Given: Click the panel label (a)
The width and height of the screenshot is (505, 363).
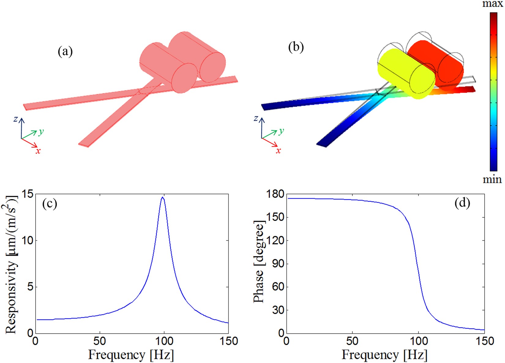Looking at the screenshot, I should click(x=65, y=52).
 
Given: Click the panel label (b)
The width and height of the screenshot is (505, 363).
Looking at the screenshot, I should click(x=296, y=47).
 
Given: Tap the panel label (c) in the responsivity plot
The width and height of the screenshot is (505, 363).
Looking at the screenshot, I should click(x=50, y=204).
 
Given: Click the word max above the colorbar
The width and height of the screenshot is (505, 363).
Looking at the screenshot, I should click(x=492, y=4).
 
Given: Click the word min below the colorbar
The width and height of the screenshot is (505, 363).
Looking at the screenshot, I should click(x=492, y=179).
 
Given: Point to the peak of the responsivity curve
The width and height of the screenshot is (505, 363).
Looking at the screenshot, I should click(x=163, y=198).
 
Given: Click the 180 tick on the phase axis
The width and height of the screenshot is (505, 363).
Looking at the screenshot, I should click(x=275, y=194).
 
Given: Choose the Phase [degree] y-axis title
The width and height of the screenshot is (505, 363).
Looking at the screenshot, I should click(x=259, y=262).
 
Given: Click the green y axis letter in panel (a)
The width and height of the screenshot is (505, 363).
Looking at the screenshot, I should click(x=41, y=132).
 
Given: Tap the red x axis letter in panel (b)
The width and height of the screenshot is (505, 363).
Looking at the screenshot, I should click(x=278, y=151).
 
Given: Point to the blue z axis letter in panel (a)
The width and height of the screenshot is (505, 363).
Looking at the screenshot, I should click(x=16, y=119).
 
